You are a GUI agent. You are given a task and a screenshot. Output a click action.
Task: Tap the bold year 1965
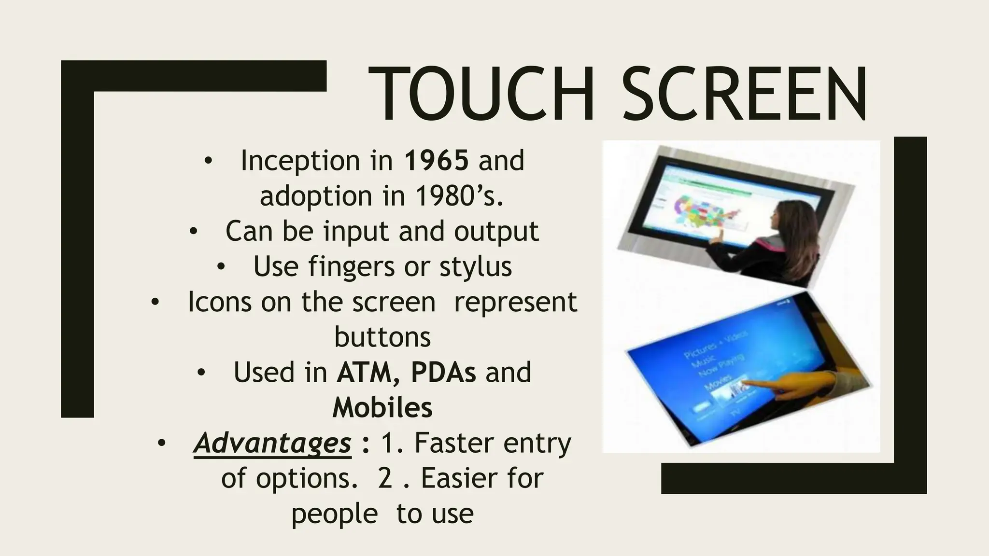click(x=437, y=160)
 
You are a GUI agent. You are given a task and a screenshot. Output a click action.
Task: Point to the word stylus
click(x=475, y=266)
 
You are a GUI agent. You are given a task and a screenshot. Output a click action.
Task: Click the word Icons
click(x=219, y=302)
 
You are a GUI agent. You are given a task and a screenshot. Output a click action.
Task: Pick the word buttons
click(x=382, y=337)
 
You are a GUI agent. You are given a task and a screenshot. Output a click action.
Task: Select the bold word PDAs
click(x=443, y=372)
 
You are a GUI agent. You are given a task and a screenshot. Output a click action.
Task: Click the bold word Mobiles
click(x=382, y=407)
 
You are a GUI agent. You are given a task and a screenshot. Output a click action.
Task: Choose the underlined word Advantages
click(x=272, y=443)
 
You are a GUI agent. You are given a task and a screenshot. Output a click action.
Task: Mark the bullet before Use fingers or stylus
click(x=221, y=266)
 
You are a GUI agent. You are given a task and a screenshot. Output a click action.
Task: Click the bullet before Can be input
click(x=193, y=232)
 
